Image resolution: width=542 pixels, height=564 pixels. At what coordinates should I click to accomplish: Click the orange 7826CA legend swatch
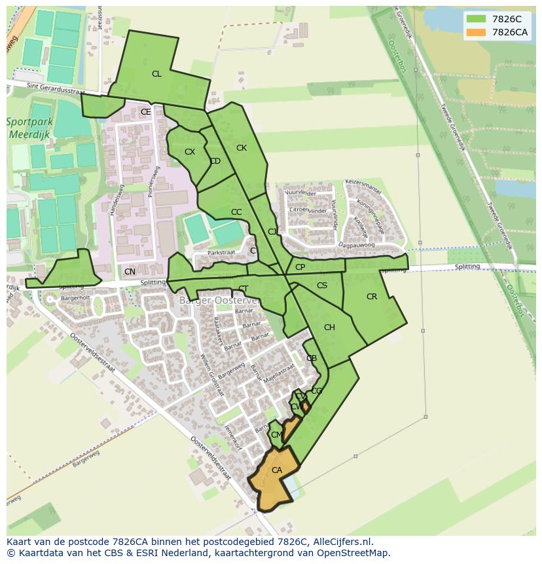476,32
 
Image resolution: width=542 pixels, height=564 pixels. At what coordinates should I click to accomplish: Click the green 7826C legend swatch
476,19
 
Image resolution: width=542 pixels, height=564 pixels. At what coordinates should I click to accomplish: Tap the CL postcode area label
156,74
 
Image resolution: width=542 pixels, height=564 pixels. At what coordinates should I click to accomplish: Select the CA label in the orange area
276,470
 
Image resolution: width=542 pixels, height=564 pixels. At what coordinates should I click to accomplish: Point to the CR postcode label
372,297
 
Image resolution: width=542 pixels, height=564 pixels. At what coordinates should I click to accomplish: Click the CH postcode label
329,328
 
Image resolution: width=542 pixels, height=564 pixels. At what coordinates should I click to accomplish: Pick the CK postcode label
242,148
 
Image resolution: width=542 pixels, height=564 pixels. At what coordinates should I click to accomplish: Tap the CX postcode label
190,152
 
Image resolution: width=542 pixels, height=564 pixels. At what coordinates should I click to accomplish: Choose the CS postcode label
321,286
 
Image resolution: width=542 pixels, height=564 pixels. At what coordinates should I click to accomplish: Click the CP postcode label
300,267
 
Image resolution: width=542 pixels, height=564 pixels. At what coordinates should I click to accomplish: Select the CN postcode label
130,272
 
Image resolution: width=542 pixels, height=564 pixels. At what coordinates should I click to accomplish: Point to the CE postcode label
145,112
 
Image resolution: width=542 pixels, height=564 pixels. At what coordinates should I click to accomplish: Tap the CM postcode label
276,435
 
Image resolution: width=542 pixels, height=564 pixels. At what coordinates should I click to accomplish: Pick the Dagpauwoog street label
356,246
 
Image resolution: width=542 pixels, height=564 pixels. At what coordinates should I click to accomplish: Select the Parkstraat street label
221,252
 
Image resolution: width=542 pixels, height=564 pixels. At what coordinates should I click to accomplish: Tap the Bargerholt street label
75,298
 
